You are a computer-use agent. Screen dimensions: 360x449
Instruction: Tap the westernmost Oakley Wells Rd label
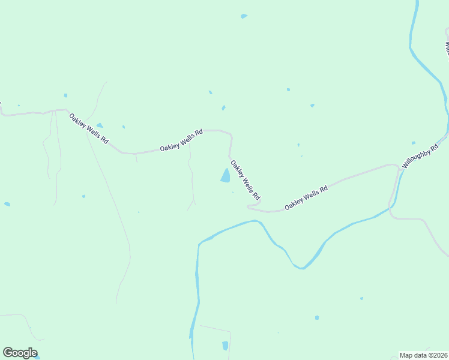[88, 128]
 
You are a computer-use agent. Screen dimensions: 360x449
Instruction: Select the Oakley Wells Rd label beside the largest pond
[246, 179]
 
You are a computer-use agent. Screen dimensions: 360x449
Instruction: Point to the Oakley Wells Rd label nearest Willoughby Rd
[306, 197]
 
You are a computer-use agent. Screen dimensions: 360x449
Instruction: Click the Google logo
[20, 353]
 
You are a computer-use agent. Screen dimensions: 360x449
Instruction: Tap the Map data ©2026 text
[423, 355]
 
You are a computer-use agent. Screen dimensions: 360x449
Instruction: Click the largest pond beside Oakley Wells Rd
[226, 175]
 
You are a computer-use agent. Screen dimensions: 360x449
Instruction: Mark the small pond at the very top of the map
[244, 16]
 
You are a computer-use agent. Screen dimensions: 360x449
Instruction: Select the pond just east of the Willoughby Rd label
[414, 143]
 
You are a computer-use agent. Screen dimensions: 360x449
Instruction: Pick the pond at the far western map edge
[7, 204]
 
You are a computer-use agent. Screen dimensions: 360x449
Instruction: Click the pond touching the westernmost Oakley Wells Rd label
[100, 125]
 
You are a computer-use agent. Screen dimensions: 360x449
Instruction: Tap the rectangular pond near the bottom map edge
[225, 346]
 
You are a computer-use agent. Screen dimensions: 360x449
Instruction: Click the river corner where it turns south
[200, 243]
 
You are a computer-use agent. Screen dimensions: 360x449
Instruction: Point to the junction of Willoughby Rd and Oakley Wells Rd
[399, 167]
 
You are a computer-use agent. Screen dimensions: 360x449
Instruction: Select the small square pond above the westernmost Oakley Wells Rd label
[65, 95]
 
